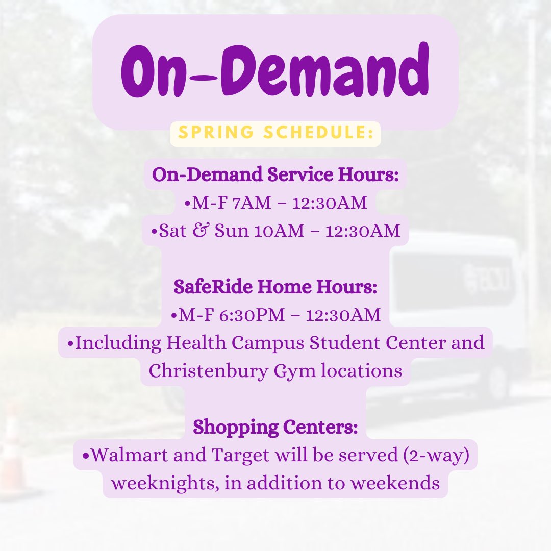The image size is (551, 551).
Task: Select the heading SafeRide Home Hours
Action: [x=275, y=287]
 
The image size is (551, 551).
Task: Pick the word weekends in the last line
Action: [x=404, y=483]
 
